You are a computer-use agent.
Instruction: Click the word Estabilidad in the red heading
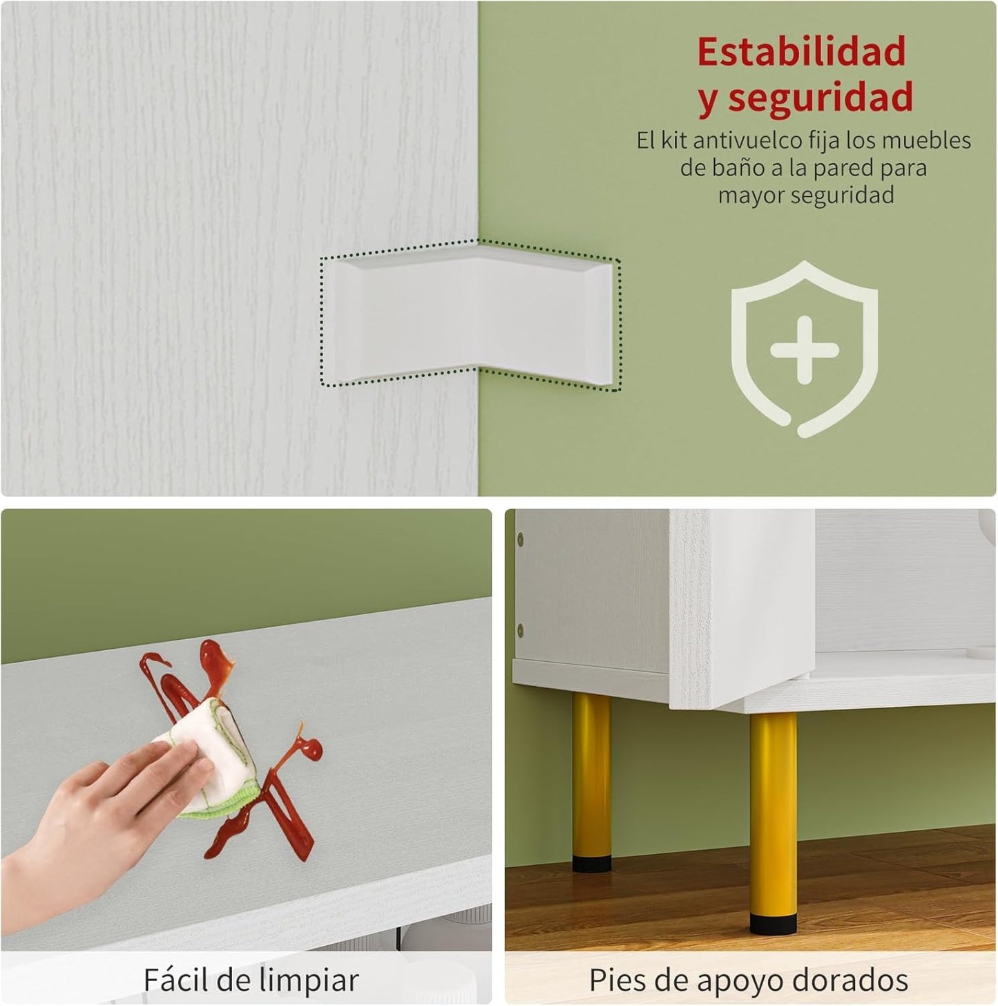click(801, 52)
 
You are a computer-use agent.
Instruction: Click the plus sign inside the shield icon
click(805, 350)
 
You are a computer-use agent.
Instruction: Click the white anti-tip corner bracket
click(470, 314)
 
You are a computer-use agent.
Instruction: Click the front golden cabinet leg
click(774, 808)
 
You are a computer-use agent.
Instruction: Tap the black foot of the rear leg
click(592, 863)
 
